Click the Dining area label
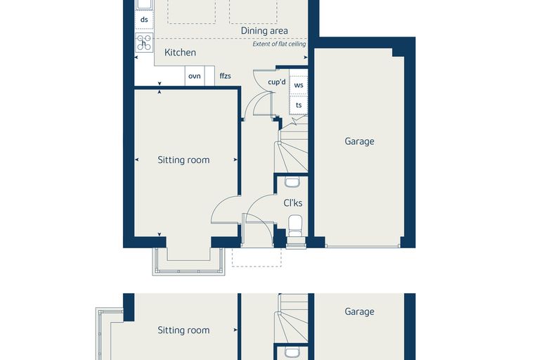tap(264, 31)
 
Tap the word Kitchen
tap(180, 53)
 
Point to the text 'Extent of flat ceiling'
tap(279, 44)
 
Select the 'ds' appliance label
tap(144, 20)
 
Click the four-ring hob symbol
tap(144, 42)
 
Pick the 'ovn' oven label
tap(195, 76)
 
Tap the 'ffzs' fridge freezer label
tap(225, 76)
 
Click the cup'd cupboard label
tap(277, 82)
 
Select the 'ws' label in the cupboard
tap(299, 85)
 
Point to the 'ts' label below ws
tap(299, 105)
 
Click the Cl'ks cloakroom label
tap(293, 203)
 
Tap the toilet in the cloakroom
tap(295, 225)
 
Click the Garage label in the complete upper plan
tap(359, 141)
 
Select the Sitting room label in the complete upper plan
tap(183, 160)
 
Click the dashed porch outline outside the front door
tap(257, 266)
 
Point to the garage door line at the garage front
tap(363, 246)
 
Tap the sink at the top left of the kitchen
tap(144, 4)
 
